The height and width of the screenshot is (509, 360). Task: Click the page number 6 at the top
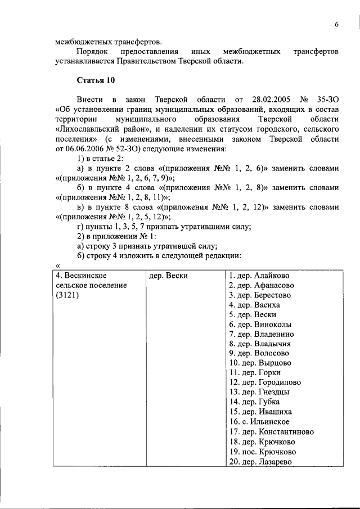(336, 25)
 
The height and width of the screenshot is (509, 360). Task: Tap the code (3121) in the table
(67, 295)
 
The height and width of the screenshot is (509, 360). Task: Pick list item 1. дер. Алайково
(259, 276)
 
